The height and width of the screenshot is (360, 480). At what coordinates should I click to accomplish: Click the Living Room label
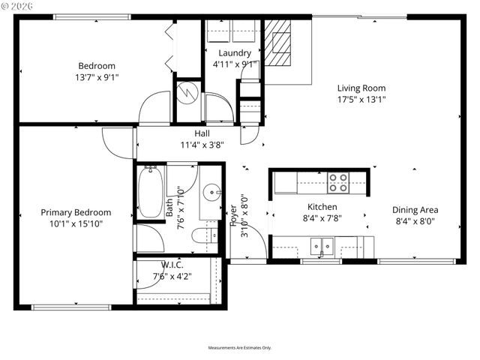[361, 87]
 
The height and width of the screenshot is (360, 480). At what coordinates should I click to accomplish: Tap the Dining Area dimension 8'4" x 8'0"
[416, 221]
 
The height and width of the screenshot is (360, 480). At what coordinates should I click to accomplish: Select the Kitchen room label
[322, 207]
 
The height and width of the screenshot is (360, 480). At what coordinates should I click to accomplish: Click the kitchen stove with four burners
[338, 182]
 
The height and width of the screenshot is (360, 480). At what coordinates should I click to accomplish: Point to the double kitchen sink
[323, 244]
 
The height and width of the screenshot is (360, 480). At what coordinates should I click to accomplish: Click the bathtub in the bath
[151, 192]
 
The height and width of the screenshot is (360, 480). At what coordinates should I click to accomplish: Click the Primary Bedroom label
[76, 212]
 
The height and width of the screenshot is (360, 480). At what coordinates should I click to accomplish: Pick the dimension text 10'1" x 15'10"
[76, 223]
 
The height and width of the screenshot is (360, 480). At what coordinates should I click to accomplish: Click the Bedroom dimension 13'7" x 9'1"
[97, 76]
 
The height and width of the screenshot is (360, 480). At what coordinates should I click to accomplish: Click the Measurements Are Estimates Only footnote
[240, 348]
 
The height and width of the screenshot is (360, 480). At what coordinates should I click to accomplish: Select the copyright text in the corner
[19, 5]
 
